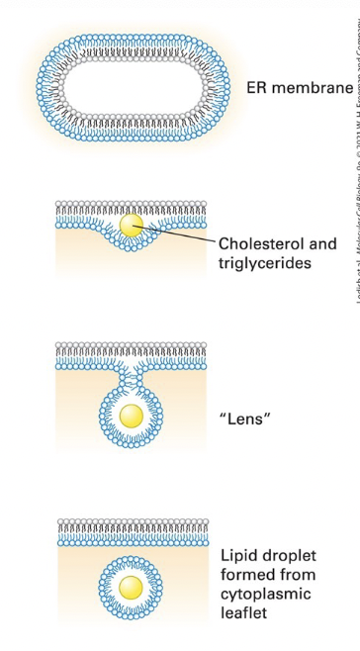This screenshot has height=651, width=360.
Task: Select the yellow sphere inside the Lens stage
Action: [131, 415]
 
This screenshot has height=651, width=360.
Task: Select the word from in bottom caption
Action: [296, 574]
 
